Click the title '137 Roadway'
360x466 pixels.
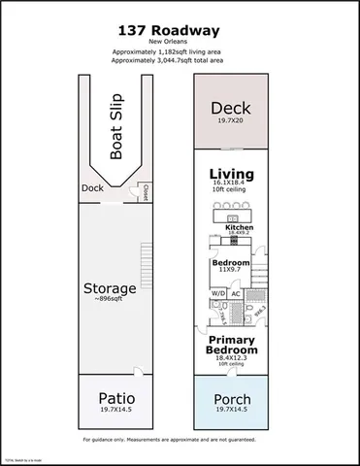coord(180,29)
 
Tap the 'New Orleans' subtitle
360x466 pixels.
coord(180,42)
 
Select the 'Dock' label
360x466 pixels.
coord(93,188)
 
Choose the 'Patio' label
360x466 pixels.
coord(115,399)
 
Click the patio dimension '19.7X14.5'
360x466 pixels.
coord(115,411)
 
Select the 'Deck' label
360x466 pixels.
coord(232,108)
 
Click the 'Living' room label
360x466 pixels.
coord(232,175)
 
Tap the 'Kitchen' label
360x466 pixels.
coord(239,228)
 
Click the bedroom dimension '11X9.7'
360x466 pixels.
coord(231,272)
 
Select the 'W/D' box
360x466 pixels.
coord(216,294)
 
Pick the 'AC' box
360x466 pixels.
coord(236,294)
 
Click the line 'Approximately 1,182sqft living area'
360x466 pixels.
coord(180,50)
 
